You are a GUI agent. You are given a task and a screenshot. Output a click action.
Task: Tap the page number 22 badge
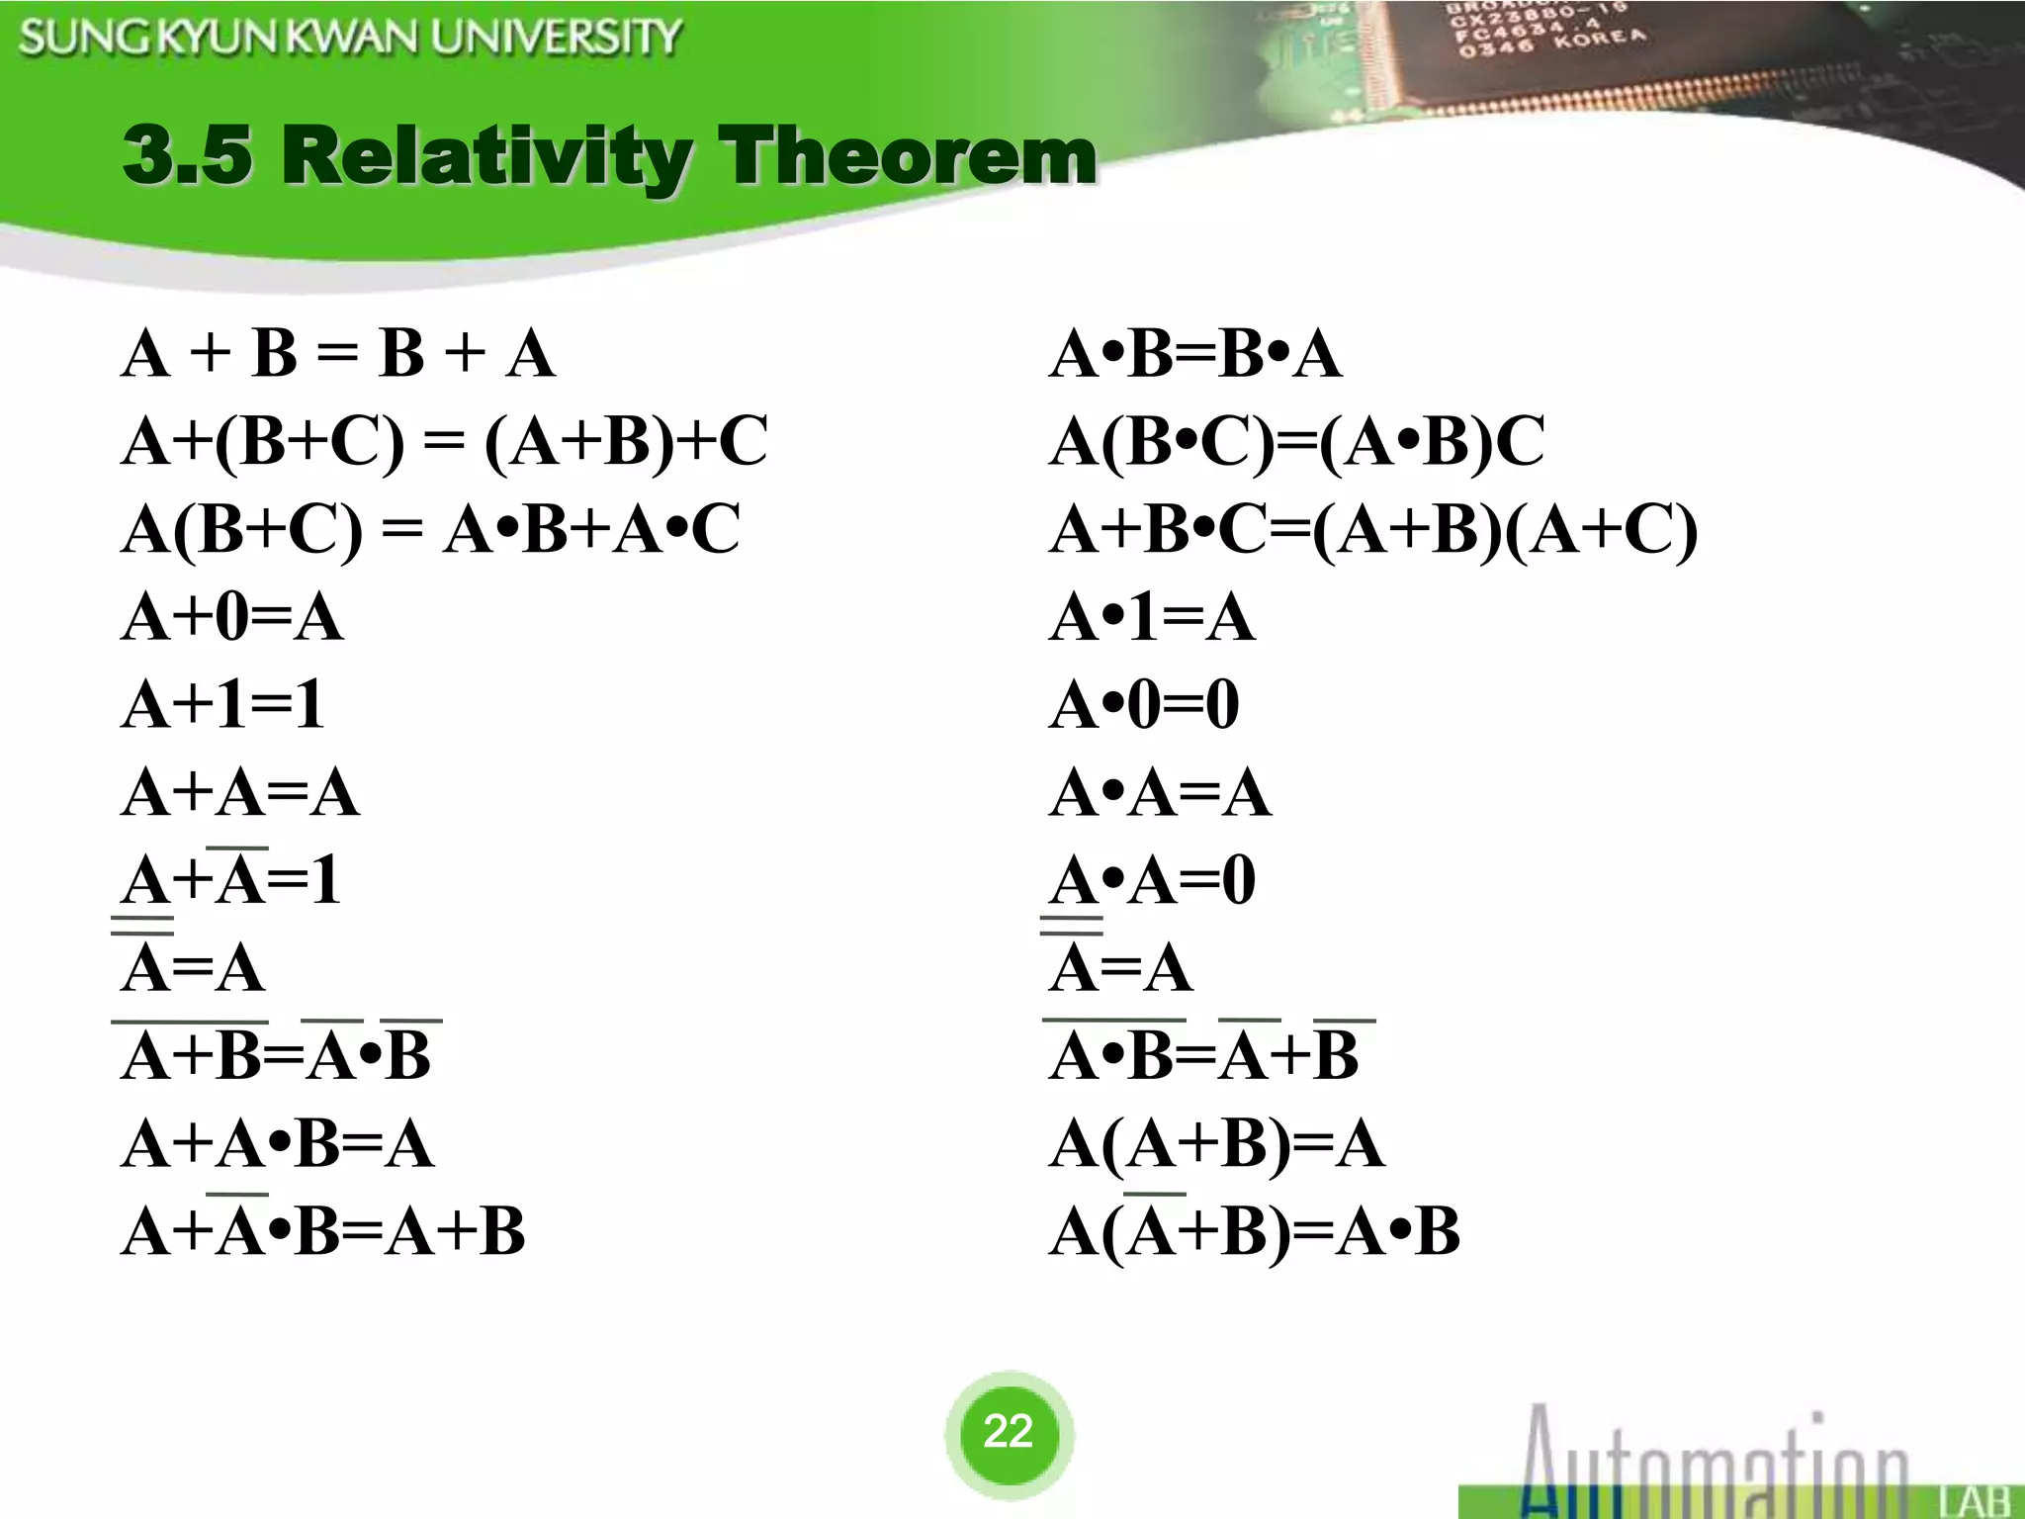click(x=1009, y=1431)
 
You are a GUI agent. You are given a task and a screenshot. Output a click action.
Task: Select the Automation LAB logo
click(x=1740, y=1464)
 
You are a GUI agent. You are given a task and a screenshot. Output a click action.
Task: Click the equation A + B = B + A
click(x=338, y=353)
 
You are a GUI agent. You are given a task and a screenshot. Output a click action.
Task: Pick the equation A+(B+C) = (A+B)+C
click(x=444, y=441)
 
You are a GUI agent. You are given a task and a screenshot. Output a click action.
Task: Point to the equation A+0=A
click(x=232, y=617)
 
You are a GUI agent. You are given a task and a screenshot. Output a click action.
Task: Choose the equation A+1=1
click(x=223, y=705)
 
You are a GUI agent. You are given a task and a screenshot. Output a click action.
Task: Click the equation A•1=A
click(x=1152, y=617)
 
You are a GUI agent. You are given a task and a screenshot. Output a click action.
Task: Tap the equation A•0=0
click(x=1144, y=705)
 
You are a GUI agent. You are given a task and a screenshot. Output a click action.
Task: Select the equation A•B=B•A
click(x=1195, y=353)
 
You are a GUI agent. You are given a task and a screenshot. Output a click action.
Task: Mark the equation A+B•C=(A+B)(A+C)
click(x=1373, y=529)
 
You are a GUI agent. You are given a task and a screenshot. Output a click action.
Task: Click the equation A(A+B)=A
click(x=1217, y=1144)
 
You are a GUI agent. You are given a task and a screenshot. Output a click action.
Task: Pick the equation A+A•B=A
click(x=278, y=1144)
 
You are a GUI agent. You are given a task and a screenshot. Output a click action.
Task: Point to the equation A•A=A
click(x=1160, y=793)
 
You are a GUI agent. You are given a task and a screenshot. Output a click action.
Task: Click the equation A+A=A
click(x=240, y=793)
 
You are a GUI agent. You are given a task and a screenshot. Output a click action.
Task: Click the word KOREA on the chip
click(x=1600, y=40)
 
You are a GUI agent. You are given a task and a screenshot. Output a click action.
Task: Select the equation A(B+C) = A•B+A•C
click(x=430, y=529)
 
